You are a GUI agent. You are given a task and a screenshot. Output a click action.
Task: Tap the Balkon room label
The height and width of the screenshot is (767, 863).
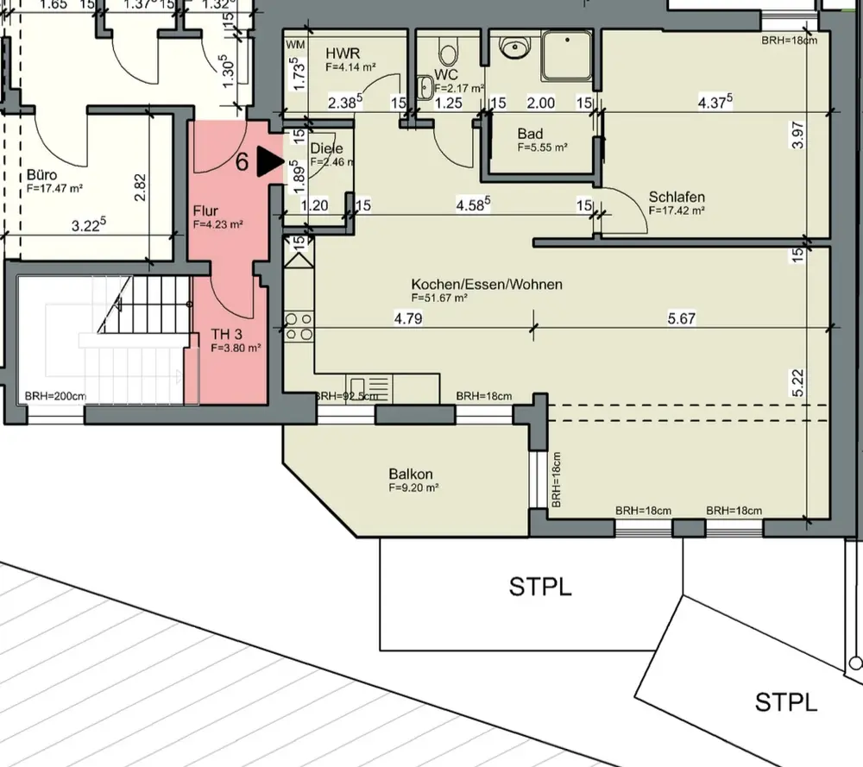(x=410, y=474)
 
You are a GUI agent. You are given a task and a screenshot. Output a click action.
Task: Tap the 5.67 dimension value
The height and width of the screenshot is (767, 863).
(x=681, y=318)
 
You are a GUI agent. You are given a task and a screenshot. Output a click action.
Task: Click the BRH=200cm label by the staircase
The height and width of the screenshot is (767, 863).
(x=54, y=397)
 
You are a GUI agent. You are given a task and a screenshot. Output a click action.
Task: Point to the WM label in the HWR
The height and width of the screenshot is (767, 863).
(x=296, y=44)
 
